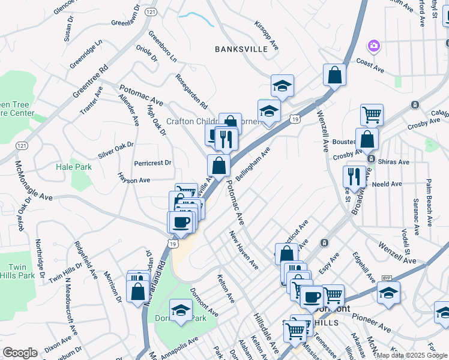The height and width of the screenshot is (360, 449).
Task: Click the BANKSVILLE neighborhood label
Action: pyautogui.click(x=241, y=49)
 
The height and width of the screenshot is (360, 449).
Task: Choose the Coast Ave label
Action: pyautogui.click(x=370, y=65)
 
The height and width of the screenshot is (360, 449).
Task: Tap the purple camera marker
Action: pyautogui.click(x=373, y=46)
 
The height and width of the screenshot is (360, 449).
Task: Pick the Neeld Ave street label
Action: pyautogui.click(x=387, y=184)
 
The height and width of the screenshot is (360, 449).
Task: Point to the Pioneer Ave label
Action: pyautogui.click(x=372, y=323)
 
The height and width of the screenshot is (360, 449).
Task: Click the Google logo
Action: pyautogui.click(x=20, y=353)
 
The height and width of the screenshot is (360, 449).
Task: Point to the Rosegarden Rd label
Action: pyautogui.click(x=191, y=91)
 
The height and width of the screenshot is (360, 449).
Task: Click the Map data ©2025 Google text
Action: pyautogui.click(x=411, y=355)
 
